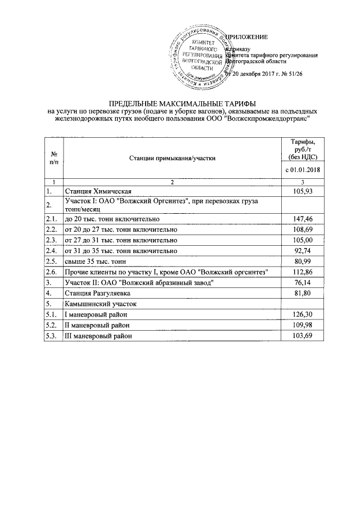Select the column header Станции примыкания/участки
coord(172,159)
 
